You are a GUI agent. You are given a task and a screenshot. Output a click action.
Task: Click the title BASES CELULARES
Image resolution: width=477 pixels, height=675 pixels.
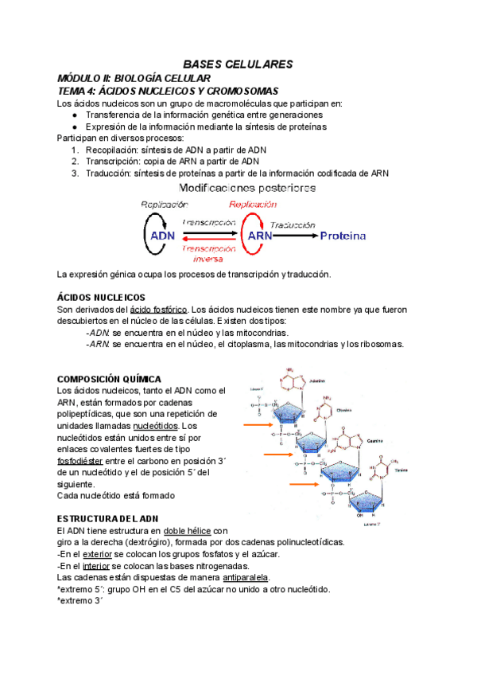pos(238,64)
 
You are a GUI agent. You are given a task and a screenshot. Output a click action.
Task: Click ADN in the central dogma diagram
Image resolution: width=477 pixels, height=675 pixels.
pos(163,236)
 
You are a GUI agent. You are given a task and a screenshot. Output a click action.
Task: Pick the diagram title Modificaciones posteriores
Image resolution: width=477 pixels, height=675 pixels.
pos(247,189)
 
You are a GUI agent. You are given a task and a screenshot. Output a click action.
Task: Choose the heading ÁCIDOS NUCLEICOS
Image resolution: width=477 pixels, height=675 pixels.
pos(102,297)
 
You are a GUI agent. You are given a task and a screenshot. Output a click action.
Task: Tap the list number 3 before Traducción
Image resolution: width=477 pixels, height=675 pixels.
pos(75,172)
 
